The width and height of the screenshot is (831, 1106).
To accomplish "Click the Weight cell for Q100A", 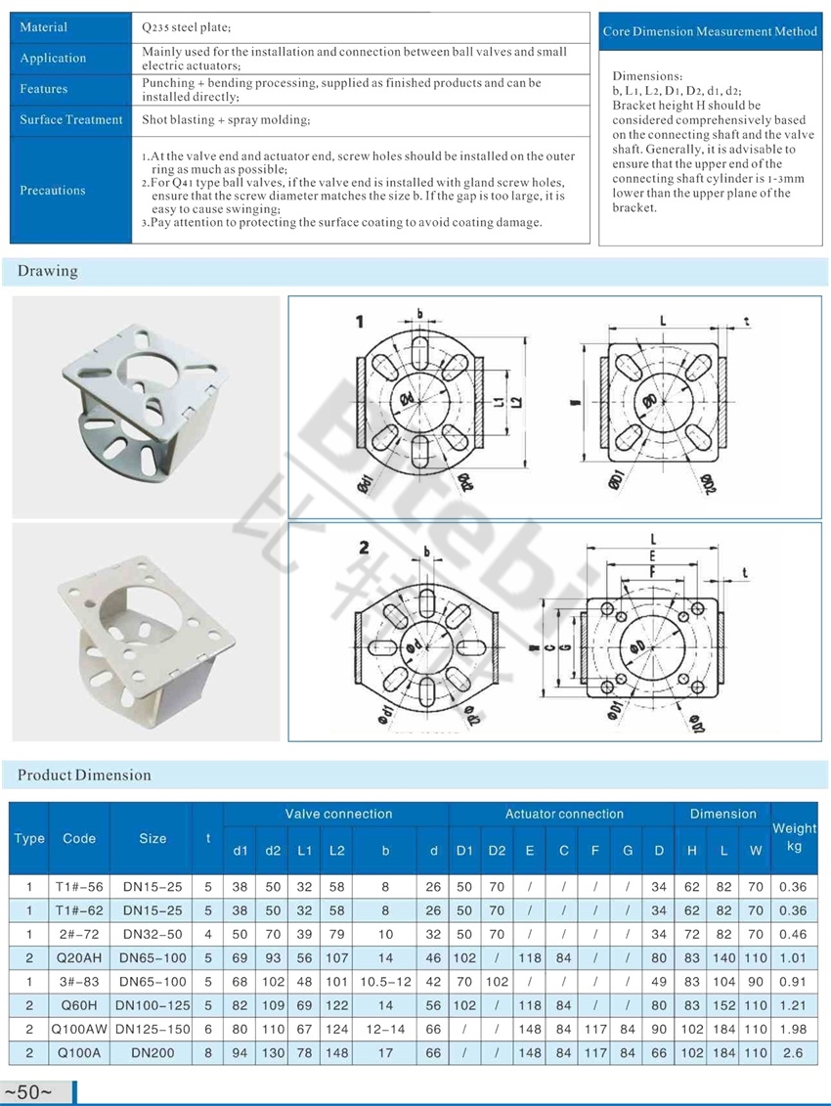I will [x=794, y=1053].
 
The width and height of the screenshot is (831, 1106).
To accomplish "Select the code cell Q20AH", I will [x=78, y=957].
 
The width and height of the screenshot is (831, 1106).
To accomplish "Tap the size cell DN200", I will [x=151, y=1053].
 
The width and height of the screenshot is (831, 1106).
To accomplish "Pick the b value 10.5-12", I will [x=385, y=982].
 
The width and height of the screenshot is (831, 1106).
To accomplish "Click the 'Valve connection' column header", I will [x=337, y=814].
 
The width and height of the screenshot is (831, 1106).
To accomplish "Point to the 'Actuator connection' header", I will [x=563, y=814].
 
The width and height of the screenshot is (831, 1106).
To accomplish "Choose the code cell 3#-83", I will [x=78, y=982].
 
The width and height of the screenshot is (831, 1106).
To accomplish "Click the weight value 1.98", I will [x=794, y=1029].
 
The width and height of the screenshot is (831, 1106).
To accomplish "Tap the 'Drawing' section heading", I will [x=47, y=271].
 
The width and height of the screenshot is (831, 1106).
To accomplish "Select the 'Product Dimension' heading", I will [x=84, y=775].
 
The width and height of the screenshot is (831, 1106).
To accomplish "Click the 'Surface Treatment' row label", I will [x=71, y=119].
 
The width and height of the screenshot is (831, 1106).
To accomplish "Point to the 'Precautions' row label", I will [x=53, y=191].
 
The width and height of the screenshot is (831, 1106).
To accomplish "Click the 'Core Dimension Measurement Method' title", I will [x=710, y=31].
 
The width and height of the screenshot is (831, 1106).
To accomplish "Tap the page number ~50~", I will [x=28, y=1092].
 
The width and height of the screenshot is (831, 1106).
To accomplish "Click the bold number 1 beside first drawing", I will [x=360, y=323].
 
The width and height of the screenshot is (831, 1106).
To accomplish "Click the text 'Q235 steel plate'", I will [x=186, y=27].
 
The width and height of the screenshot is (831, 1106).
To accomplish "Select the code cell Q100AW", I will [x=78, y=1029].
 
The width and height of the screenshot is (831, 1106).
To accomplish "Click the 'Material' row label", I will [x=44, y=27].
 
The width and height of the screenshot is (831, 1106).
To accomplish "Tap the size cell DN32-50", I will [x=151, y=934].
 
